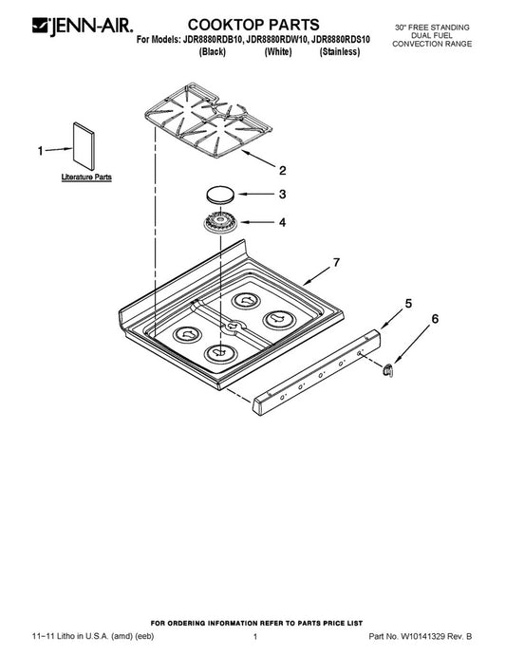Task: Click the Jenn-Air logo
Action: [x=83, y=26]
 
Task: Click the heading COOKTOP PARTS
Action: [x=253, y=25]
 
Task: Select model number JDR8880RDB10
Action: [x=212, y=40]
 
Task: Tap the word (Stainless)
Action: [x=339, y=52]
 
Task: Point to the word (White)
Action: [x=278, y=52]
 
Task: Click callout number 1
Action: [x=40, y=151]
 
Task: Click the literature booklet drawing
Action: [x=84, y=146]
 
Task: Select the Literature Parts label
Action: [x=86, y=178]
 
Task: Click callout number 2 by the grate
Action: [x=283, y=171]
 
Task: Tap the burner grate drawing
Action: [x=208, y=121]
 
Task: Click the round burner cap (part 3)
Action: [x=220, y=195]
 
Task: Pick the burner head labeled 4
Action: [x=220, y=223]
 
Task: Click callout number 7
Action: [x=336, y=263]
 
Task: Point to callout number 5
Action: [x=408, y=304]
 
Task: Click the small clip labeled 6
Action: [x=388, y=369]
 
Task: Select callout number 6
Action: [x=435, y=319]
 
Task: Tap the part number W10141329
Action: [x=422, y=637]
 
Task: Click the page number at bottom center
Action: [x=254, y=637]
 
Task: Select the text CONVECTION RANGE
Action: [x=432, y=44]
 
